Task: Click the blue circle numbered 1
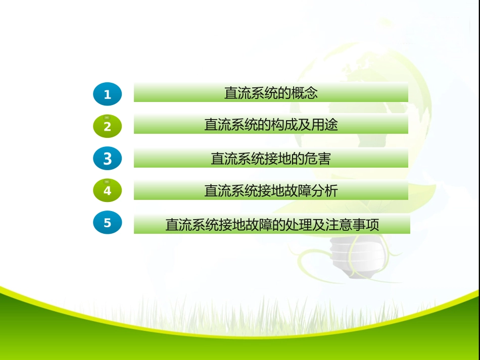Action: [x=107, y=94]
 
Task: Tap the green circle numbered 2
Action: [x=107, y=126]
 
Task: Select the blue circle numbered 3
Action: [x=107, y=159]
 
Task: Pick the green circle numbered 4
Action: [x=107, y=191]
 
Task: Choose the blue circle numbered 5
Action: [x=107, y=223]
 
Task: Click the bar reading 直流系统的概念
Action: [x=271, y=93]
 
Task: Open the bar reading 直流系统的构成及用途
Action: [x=271, y=124]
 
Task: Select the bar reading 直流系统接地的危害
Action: [x=271, y=159]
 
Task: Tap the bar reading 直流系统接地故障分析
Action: [x=271, y=191]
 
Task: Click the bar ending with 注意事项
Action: [x=272, y=224]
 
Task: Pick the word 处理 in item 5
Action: [x=299, y=225]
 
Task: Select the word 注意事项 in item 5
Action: [x=352, y=225]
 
